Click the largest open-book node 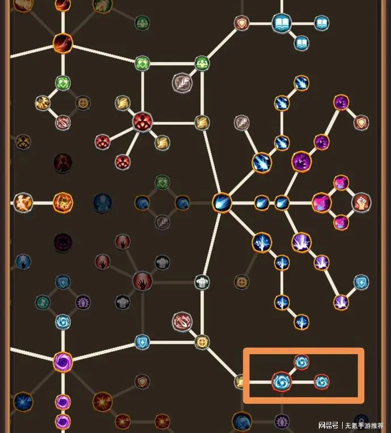click(282, 23)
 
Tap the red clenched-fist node click(361, 203)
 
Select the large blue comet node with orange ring click(222, 203)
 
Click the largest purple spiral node click(63, 361)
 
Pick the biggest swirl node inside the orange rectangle click(282, 382)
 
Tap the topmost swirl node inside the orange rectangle click(301, 362)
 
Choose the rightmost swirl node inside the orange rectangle click(321, 382)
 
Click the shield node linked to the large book click(241, 23)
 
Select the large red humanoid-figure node click(143, 123)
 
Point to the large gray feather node click(182, 83)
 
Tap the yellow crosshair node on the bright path click(202, 342)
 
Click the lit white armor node click(202, 282)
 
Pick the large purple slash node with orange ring click(301, 162)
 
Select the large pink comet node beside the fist click(321, 203)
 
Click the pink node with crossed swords click(182, 322)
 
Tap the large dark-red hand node click(143, 281)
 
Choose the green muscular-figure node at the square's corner click(202, 63)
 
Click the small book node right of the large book click(321, 23)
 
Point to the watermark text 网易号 click(328, 425)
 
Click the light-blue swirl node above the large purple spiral click(63, 322)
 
